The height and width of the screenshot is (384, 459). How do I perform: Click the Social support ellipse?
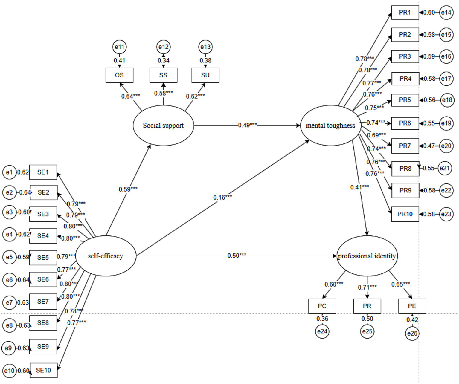[x=163, y=126]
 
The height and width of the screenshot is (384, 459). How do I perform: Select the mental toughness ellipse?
[x=330, y=126]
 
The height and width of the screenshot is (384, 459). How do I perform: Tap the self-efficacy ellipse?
[x=106, y=256]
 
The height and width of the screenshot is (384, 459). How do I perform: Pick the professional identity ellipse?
[x=367, y=256]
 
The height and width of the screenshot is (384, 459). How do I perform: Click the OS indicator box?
[x=119, y=75]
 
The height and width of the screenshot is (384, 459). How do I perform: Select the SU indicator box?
[x=205, y=75]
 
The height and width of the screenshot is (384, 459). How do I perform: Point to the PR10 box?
[x=405, y=214]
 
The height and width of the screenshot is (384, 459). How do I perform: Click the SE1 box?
[x=43, y=172]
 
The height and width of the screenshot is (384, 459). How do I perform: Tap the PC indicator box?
[x=322, y=306]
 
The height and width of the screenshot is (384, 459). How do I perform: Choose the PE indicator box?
[x=412, y=306]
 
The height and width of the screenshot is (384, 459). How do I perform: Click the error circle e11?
[x=119, y=47]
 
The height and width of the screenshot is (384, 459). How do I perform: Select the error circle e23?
[x=446, y=214]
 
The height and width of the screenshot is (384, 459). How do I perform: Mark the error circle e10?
[x=9, y=371]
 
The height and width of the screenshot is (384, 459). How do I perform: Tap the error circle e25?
[x=367, y=331]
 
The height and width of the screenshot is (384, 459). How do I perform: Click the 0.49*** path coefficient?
[x=247, y=125]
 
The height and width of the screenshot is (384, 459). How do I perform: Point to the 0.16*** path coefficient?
[x=222, y=197]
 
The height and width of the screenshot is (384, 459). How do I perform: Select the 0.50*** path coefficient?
[x=237, y=256]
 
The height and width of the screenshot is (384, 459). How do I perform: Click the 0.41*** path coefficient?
[x=360, y=187]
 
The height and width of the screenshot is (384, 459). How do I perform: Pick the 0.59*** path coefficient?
[x=128, y=189]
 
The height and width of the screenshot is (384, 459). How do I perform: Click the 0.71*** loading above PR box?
[x=367, y=287]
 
